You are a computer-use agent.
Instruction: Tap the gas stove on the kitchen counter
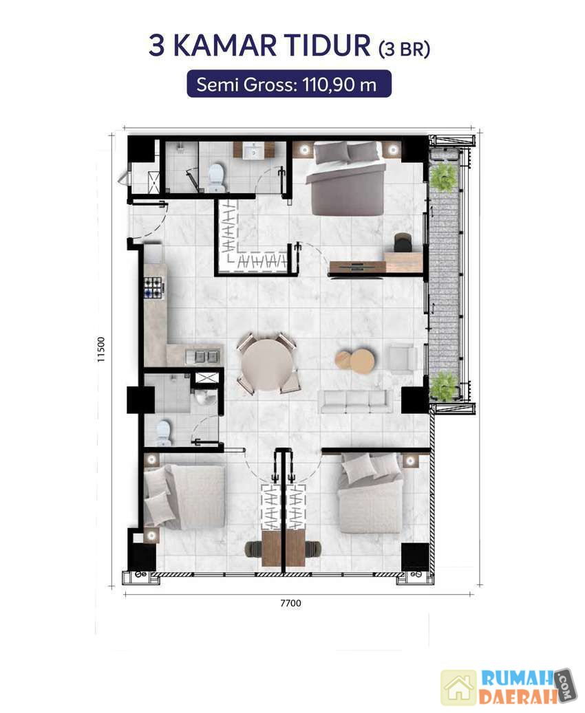click(154, 287)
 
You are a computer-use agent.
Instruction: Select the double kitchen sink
click(204, 356)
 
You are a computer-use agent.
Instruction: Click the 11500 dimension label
click(101, 349)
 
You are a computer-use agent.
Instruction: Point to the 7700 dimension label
click(290, 603)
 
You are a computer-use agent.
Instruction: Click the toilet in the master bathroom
click(217, 177)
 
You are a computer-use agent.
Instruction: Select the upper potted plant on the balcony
click(443, 177)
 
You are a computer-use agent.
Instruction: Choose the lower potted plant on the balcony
click(443, 386)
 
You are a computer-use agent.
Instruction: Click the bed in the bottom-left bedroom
click(184, 497)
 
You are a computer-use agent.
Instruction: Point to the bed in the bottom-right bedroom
click(370, 494)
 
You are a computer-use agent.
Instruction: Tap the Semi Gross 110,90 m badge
click(289, 84)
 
